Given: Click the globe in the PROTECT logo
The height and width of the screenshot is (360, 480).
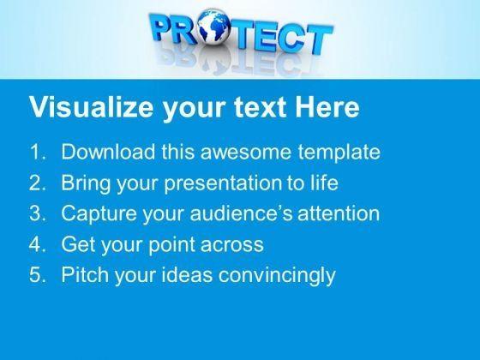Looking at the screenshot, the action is click(213, 27).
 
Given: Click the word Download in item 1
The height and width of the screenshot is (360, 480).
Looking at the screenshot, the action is click(108, 152).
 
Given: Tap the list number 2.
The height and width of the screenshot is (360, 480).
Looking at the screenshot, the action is click(38, 183).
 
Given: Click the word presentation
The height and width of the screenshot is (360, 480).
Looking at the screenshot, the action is click(223, 183).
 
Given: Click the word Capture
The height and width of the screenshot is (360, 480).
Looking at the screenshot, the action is click(99, 213).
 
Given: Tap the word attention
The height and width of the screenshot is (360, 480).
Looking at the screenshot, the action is click(339, 213).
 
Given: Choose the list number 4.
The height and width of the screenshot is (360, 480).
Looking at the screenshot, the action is click(38, 244).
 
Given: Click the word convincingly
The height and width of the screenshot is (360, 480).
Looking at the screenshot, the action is click(277, 275).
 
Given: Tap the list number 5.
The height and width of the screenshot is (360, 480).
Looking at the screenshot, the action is click(38, 274).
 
